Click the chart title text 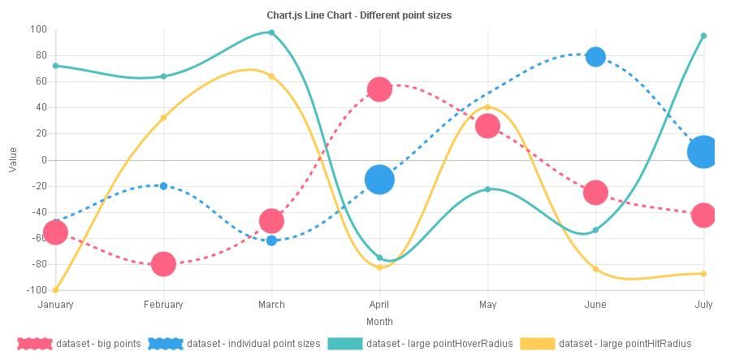click(359, 15)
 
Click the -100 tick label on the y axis click(37, 290)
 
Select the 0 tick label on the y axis click(44, 160)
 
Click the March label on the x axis click(271, 305)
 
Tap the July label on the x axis click(703, 305)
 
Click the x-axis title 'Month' click(379, 322)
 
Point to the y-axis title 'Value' click(12, 159)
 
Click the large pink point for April click(379, 89)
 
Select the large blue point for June click(595, 57)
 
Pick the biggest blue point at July click(703, 152)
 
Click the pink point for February click(163, 263)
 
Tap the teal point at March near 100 click(271, 33)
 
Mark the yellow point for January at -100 click(55, 290)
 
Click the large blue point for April click(379, 180)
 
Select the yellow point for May click(487, 107)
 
